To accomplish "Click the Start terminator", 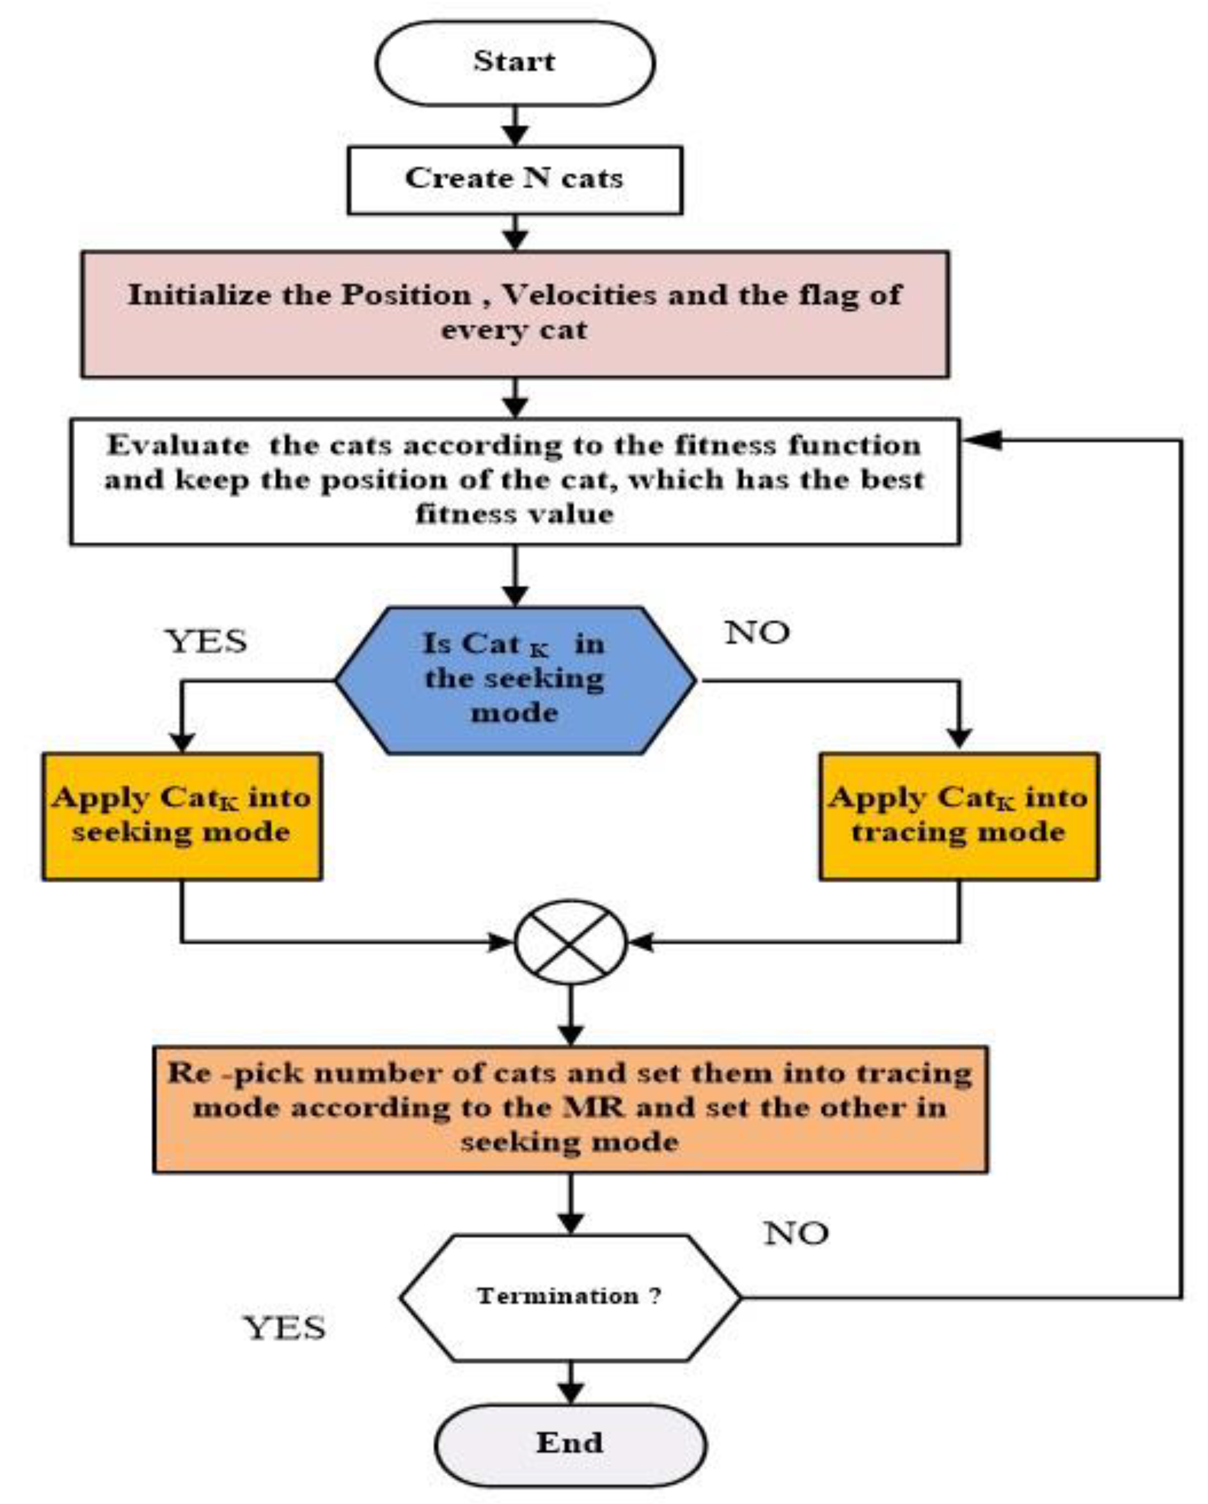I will (x=515, y=63).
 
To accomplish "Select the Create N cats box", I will (x=515, y=180).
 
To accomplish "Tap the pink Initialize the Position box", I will (x=515, y=314).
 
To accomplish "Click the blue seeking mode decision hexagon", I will (x=515, y=680).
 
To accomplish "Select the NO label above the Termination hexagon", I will (x=796, y=1234).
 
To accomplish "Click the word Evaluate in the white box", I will (x=178, y=446).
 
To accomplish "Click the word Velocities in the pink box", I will (x=579, y=295).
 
